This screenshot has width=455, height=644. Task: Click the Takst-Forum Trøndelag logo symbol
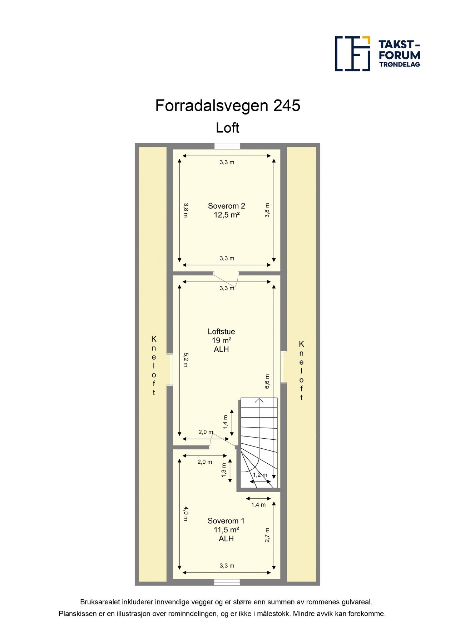(352, 54)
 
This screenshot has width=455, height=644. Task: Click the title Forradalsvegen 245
(227, 106)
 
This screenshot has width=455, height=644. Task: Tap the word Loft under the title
(227, 128)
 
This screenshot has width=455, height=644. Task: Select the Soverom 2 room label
(226, 206)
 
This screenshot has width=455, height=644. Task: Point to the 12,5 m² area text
(226, 215)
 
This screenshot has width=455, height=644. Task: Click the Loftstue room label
(221, 332)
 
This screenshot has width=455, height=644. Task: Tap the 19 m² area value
(221, 341)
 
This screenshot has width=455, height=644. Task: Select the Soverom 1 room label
(226, 521)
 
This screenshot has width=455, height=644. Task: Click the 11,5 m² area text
(226, 530)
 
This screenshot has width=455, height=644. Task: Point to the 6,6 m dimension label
(267, 381)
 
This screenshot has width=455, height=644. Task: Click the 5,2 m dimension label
(186, 360)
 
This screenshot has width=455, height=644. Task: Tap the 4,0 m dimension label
(186, 513)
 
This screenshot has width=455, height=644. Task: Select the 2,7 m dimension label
(267, 535)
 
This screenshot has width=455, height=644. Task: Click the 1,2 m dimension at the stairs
(260, 475)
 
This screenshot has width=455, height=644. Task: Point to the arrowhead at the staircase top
(259, 400)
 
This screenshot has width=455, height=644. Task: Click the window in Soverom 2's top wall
(227, 146)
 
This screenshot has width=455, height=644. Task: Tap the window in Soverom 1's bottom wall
(227, 582)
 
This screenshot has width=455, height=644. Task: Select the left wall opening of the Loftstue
(170, 370)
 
